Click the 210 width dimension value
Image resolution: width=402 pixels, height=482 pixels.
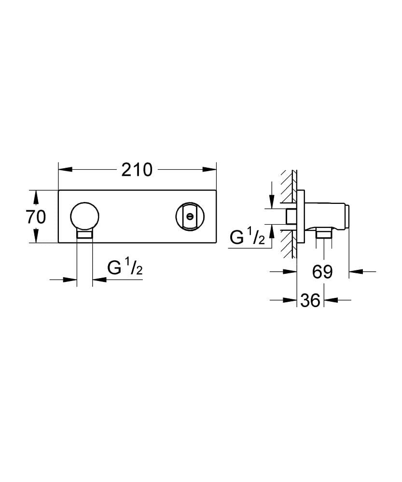[137, 170]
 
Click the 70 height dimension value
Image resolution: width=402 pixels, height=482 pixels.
[36, 217]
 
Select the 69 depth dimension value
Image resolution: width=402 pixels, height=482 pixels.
[322, 272]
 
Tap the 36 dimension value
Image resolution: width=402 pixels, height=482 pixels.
[309, 300]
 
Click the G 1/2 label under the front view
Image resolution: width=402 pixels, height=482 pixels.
[125, 268]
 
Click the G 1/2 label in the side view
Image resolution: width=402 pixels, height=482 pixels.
[247, 237]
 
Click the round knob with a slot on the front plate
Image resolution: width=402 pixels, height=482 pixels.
[190, 216]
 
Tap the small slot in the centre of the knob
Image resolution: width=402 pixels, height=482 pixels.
[190, 216]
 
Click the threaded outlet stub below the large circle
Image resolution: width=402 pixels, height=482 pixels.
[85, 235]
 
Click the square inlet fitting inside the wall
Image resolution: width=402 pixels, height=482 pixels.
[291, 216]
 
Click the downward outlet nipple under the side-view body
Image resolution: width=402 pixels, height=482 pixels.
[323, 234]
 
